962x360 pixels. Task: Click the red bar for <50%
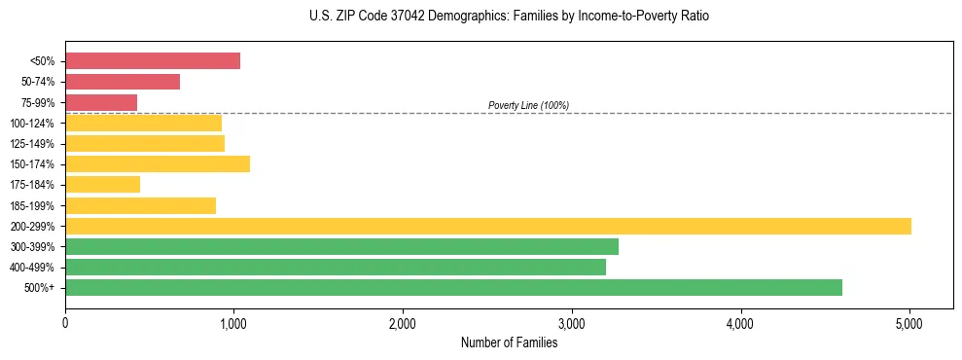pyautogui.click(x=153, y=60)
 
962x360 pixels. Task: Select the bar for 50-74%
pyautogui.click(x=123, y=82)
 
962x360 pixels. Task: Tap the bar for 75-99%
pyautogui.click(x=101, y=102)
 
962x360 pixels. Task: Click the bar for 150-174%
pyautogui.click(x=158, y=163)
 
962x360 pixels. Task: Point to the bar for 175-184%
pyautogui.click(x=102, y=184)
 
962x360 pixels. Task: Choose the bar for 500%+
pyautogui.click(x=453, y=287)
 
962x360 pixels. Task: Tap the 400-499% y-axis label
pyautogui.click(x=33, y=268)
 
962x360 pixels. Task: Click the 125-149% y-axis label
pyautogui.click(x=33, y=144)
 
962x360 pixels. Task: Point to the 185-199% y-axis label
pyautogui.click(x=33, y=205)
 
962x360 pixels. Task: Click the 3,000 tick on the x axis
pyautogui.click(x=572, y=323)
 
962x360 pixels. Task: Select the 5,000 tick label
pyautogui.click(x=909, y=323)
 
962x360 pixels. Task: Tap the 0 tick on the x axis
pyautogui.click(x=65, y=323)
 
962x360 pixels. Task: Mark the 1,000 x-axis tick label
pyautogui.click(x=233, y=323)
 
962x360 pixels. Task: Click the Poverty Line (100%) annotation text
pyautogui.click(x=528, y=105)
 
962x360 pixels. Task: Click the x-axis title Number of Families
pyautogui.click(x=509, y=342)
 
